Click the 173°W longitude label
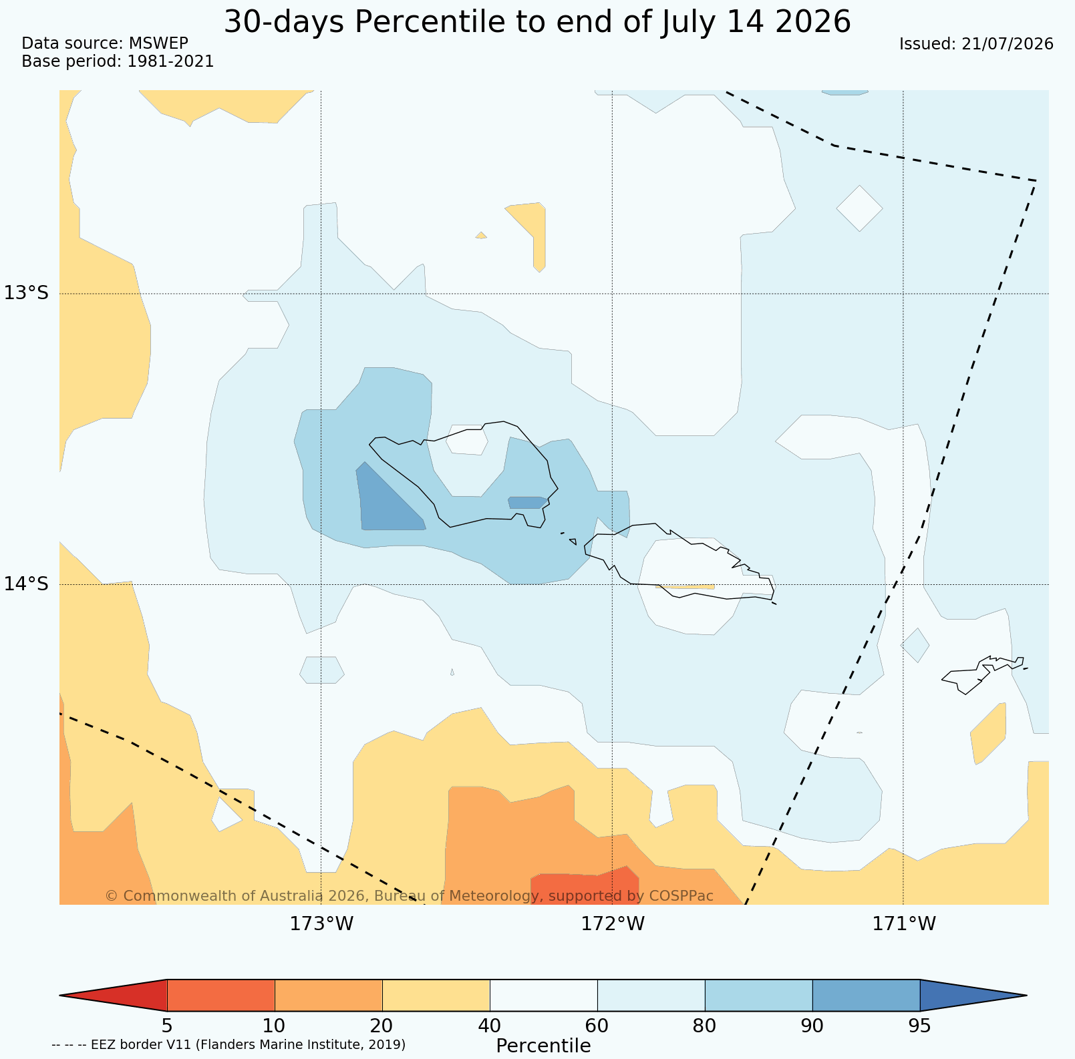tap(321, 924)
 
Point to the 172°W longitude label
tap(613, 924)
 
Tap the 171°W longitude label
tap(904, 924)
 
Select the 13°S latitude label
tap(27, 293)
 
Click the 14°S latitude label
tap(27, 584)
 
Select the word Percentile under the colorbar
tap(543, 1046)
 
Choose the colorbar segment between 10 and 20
tap(329, 996)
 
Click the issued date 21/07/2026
tap(1008, 44)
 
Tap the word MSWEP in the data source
tap(158, 43)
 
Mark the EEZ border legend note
tap(228, 1044)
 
